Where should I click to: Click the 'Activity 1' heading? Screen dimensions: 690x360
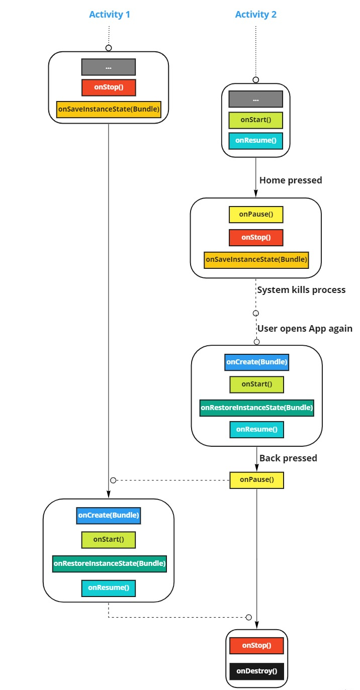109,15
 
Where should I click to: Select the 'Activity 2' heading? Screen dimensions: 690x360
255,15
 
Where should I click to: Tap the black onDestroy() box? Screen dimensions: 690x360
256,671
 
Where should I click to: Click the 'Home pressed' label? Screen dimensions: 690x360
291,180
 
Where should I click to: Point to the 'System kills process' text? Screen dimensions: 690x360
301,289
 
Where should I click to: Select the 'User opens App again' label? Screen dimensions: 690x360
305,329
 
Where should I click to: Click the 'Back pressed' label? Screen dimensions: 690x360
288,458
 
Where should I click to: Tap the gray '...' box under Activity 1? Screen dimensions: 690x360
109,67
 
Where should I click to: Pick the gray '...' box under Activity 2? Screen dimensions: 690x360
255,100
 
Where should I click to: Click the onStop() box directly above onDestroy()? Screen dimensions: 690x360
256,645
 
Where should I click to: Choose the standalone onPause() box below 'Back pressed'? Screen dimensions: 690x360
256,480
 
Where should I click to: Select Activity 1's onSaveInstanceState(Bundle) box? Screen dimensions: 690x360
109,109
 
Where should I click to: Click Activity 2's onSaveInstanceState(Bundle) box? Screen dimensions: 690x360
255,260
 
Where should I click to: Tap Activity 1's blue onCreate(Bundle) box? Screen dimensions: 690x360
109,516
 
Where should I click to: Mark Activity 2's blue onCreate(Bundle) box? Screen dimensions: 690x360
256,362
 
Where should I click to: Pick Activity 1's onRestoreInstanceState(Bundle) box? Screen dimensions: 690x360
109,563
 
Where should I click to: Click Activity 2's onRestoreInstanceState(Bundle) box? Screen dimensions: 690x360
256,408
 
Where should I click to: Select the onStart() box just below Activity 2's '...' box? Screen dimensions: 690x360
255,120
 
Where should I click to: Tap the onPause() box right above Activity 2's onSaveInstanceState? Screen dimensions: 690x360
255,215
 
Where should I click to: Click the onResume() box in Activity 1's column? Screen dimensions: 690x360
109,587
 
